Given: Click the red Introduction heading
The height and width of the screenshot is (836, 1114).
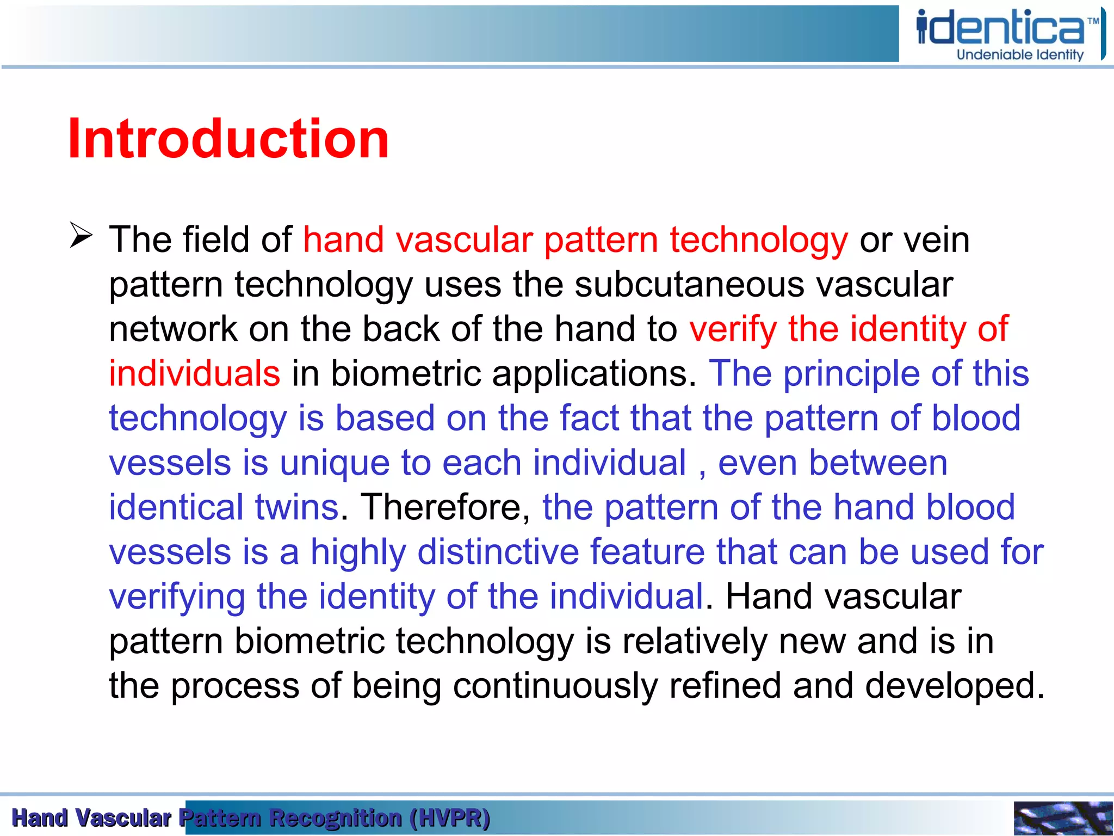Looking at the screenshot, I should click(x=228, y=139).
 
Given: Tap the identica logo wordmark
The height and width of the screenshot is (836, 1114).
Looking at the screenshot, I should click(x=1001, y=28).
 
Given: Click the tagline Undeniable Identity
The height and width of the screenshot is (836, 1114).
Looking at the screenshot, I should click(x=1020, y=54).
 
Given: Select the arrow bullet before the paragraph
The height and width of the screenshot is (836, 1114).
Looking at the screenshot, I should click(x=81, y=236).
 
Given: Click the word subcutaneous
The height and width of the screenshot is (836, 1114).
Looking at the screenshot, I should click(x=689, y=284).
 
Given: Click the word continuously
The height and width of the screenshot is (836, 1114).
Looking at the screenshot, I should click(x=555, y=686).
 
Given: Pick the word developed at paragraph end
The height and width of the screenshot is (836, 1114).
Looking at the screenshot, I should click(x=955, y=686).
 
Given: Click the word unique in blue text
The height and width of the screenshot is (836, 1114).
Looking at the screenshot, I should click(x=335, y=463).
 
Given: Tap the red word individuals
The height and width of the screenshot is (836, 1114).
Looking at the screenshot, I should click(x=194, y=374).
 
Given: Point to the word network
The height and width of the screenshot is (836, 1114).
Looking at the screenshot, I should click(x=172, y=329).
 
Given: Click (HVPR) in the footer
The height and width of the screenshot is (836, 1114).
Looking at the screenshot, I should click(x=450, y=818).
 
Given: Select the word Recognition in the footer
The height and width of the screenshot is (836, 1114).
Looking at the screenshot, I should click(x=336, y=818).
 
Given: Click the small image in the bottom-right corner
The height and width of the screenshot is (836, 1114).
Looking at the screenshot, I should click(x=1062, y=818).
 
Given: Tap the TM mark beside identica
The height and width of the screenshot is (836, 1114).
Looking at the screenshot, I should click(x=1093, y=21).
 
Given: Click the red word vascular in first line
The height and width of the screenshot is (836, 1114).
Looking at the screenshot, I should click(x=464, y=240).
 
